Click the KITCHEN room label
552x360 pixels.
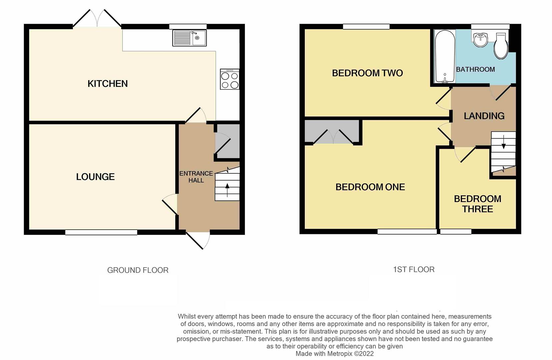tap(107, 84)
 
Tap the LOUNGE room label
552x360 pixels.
tap(95, 177)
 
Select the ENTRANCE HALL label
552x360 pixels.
tap(196, 177)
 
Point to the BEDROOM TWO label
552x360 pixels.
tap(367, 73)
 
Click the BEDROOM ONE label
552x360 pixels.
tap(370, 187)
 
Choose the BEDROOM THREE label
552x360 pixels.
tap(477, 204)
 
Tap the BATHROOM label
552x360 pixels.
tap(475, 69)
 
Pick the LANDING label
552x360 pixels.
tap(484, 116)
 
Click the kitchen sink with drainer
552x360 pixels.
tap(189, 38)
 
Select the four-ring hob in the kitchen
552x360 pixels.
tap(230, 79)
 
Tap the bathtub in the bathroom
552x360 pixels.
tap(445, 57)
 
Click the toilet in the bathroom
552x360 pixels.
tap(501, 46)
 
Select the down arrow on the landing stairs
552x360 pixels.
tap(503, 142)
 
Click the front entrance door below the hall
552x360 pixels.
tap(197, 240)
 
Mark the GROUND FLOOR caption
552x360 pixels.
tap(138, 270)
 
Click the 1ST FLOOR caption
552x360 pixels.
tap(414, 270)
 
